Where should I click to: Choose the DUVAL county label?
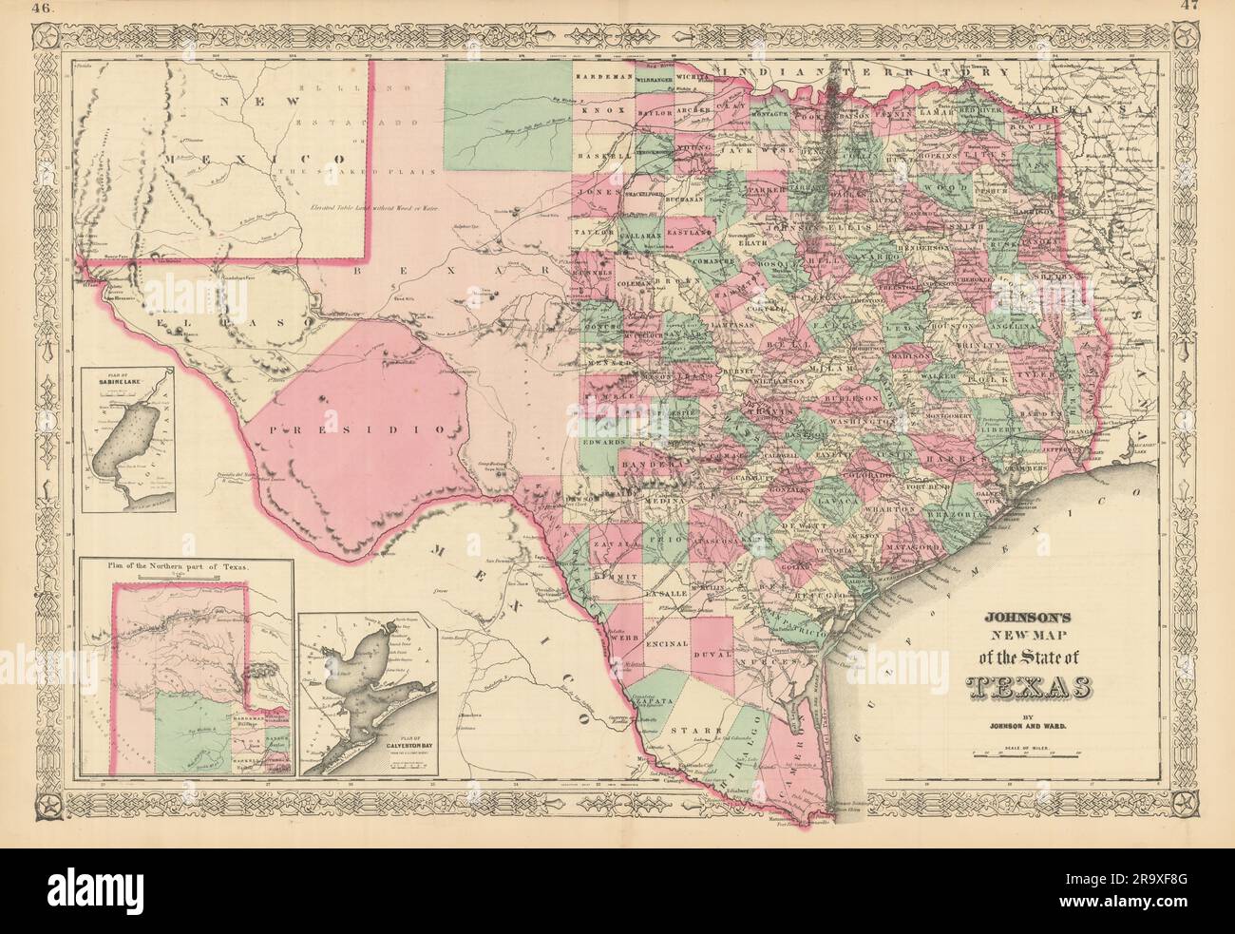pos(714,655)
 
